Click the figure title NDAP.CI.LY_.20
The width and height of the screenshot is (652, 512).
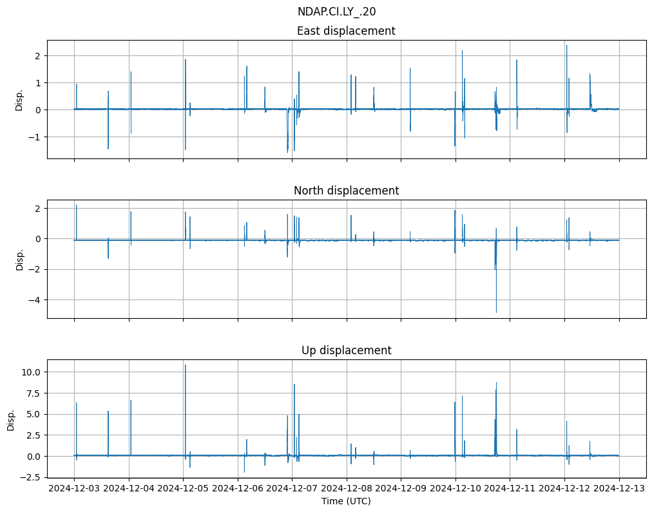point(336,12)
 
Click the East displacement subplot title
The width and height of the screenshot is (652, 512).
point(346,31)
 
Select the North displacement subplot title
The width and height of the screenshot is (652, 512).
point(346,191)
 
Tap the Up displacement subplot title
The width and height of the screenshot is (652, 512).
point(346,350)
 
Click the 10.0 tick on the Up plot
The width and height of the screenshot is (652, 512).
point(32,372)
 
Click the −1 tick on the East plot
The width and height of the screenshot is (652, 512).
point(36,137)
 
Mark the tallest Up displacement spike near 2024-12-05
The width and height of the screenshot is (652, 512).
point(186,365)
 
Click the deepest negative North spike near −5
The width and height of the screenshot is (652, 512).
point(496,312)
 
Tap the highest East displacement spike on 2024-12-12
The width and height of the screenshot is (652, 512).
point(566,45)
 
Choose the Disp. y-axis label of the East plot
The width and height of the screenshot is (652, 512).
point(19,100)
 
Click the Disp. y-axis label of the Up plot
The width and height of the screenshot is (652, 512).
point(11,419)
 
